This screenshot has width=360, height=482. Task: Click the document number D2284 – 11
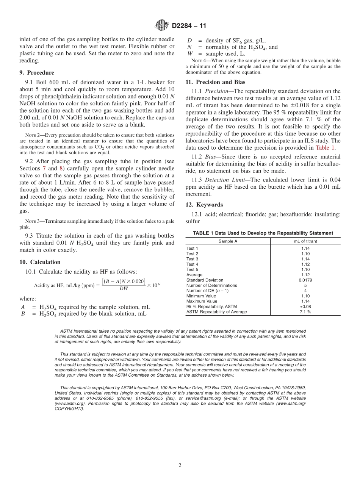(189, 26)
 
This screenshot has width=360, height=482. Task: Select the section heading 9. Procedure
(36, 73)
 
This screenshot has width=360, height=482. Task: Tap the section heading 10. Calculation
(40, 262)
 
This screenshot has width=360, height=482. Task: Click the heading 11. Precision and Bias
(215, 82)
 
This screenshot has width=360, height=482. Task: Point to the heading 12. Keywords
(204, 205)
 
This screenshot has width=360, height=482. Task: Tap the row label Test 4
(192, 264)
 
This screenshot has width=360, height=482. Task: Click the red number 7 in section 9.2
(44, 168)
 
